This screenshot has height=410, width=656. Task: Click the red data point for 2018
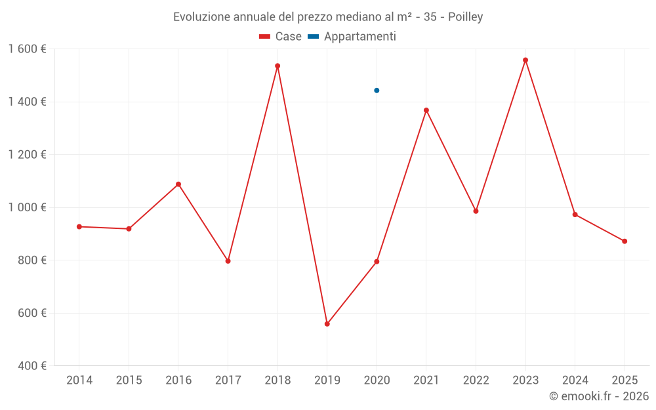(277, 66)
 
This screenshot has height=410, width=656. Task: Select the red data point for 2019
(327, 324)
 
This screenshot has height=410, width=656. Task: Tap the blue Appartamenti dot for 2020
(377, 91)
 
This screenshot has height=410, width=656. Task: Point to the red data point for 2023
(525, 60)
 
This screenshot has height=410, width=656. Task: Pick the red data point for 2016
(178, 184)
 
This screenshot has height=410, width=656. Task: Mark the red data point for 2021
(426, 110)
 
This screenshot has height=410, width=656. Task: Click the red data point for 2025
(625, 241)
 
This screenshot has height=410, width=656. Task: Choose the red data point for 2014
(79, 227)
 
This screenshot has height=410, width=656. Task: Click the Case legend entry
(280, 36)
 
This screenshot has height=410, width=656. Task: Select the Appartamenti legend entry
(352, 36)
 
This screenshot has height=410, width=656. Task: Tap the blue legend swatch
(314, 37)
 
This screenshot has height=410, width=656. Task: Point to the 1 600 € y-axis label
(27, 49)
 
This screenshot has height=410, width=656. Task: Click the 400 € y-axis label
(32, 366)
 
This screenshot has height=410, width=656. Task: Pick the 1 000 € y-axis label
(27, 207)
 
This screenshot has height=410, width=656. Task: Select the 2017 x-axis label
(228, 380)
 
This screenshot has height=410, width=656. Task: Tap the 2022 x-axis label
(476, 380)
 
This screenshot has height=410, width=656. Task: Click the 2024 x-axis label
(575, 380)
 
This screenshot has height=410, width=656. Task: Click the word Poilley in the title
(466, 17)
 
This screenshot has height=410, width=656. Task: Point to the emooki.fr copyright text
(599, 396)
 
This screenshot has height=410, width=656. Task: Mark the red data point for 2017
(228, 261)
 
